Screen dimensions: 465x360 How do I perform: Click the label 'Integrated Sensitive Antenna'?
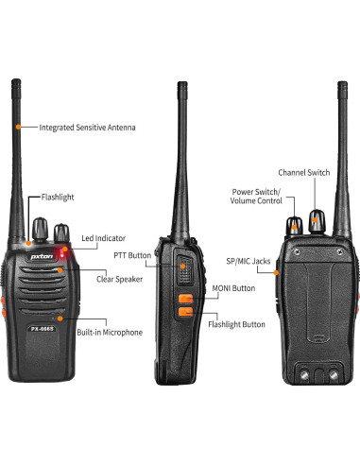(x=87, y=127)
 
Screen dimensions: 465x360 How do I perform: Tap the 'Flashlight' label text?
(x=57, y=198)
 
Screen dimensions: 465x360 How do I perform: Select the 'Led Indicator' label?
(x=103, y=239)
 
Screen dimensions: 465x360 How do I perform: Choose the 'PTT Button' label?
(x=132, y=254)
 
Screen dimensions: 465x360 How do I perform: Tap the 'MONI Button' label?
(x=233, y=287)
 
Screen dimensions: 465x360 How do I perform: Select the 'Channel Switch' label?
(x=303, y=172)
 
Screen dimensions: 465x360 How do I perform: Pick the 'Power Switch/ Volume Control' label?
(x=257, y=196)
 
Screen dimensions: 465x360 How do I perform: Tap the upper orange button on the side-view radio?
(x=185, y=299)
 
